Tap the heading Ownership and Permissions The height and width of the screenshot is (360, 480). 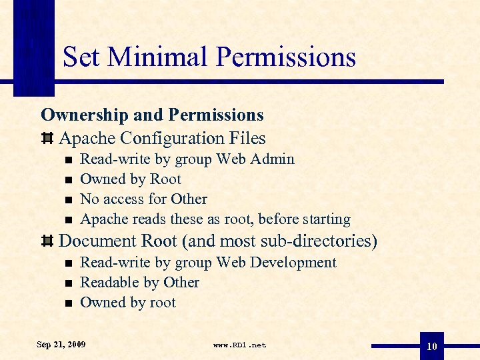(152, 115)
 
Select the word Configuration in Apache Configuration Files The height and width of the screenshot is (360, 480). (175, 139)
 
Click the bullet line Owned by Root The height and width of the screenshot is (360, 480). (130, 179)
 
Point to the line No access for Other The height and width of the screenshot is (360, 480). (143, 199)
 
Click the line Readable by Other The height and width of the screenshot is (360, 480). (139, 283)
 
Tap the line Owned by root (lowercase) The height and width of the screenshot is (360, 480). (127, 303)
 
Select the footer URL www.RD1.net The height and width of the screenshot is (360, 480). (239, 345)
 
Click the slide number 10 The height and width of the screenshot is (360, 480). (432, 347)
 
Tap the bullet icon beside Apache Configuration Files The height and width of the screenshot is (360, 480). (47, 139)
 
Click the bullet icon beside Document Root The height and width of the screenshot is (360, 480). (47, 241)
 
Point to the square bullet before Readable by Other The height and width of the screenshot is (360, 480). (68, 283)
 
